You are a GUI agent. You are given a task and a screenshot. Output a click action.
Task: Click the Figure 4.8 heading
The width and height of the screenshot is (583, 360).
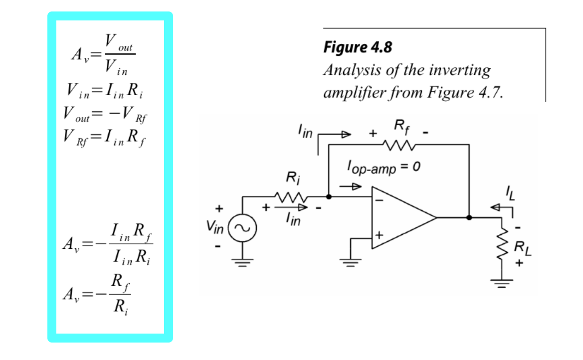pos(358,47)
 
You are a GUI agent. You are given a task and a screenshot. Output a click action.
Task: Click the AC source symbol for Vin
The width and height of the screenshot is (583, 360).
pos(242,227)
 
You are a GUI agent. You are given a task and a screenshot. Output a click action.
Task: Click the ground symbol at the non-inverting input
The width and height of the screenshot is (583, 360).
pos(350,262)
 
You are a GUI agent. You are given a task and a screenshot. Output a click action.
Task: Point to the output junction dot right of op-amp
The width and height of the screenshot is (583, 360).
pos(469,217)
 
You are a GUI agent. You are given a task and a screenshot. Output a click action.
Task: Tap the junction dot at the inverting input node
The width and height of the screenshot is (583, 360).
pos(328,196)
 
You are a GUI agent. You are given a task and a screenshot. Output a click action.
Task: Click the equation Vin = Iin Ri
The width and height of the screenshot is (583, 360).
pos(105,91)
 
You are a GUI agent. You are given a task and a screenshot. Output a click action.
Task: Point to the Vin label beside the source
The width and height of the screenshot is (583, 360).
pos(215,227)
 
